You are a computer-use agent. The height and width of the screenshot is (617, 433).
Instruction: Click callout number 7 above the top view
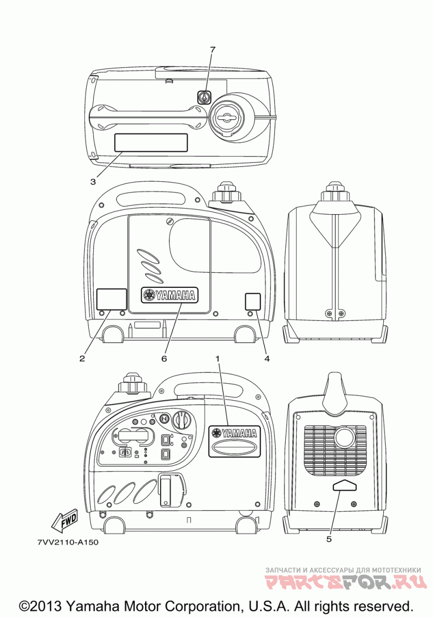click(x=213, y=50)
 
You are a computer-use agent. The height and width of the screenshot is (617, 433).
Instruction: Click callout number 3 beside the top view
click(x=93, y=181)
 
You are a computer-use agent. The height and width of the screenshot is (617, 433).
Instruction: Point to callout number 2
click(x=82, y=358)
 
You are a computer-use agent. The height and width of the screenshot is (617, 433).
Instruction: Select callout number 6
click(x=163, y=358)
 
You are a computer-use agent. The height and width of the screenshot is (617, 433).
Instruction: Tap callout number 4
click(x=267, y=358)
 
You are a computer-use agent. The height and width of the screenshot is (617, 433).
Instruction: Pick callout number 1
click(x=218, y=358)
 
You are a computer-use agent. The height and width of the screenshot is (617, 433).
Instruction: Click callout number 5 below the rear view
click(x=329, y=539)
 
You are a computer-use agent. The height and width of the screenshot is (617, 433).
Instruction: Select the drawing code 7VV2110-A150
click(x=68, y=542)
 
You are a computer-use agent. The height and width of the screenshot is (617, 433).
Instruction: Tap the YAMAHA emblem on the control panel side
click(x=235, y=433)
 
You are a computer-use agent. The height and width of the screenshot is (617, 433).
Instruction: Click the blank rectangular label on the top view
click(x=150, y=143)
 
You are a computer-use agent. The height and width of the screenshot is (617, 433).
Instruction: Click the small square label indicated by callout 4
click(x=253, y=301)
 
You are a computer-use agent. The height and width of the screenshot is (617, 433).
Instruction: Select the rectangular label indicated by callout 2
click(x=111, y=299)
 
